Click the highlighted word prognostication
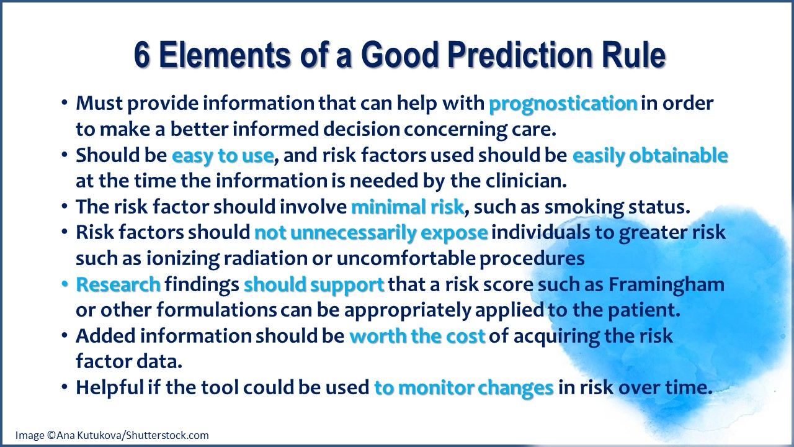pyautogui.click(x=563, y=103)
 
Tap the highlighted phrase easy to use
pyautogui.click(x=223, y=155)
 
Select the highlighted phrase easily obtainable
pyautogui.click(x=649, y=155)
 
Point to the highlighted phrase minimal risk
pyautogui.click(x=408, y=206)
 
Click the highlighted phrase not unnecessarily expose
pyautogui.click(x=371, y=232)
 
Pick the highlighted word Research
pyautogui.click(x=118, y=284)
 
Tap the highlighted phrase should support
pyautogui.click(x=314, y=284)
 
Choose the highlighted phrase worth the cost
pyautogui.click(x=417, y=336)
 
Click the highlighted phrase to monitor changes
pyautogui.click(x=463, y=387)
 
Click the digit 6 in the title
pyautogui.click(x=142, y=56)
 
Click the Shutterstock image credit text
pyautogui.click(x=112, y=435)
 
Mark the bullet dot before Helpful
pyautogui.click(x=65, y=387)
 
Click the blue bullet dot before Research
pyautogui.click(x=65, y=284)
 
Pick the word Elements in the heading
pyautogui.click(x=222, y=56)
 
